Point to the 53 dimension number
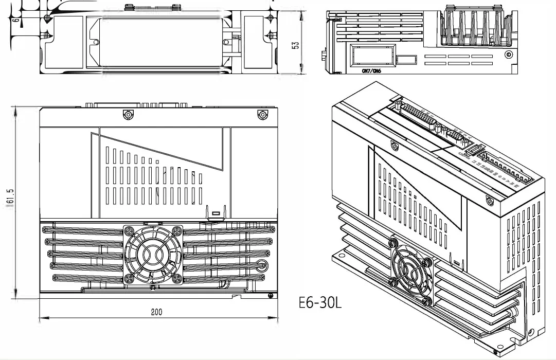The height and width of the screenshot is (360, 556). pyautogui.click(x=295, y=44)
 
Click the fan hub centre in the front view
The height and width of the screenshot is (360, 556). pyautogui.click(x=153, y=254)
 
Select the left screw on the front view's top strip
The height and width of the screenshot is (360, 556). pyautogui.click(x=126, y=114)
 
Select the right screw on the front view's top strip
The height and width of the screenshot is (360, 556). pyautogui.click(x=263, y=114)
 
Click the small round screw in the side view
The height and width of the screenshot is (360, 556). pyautogui.click(x=508, y=55)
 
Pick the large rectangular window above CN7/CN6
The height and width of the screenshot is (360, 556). pyautogui.click(x=372, y=55)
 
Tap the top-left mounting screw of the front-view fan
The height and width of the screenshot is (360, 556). pyautogui.click(x=129, y=230)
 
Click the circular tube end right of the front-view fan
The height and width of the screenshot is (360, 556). pyautogui.click(x=262, y=266)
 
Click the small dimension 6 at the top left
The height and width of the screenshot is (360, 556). pyautogui.click(x=15, y=20)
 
